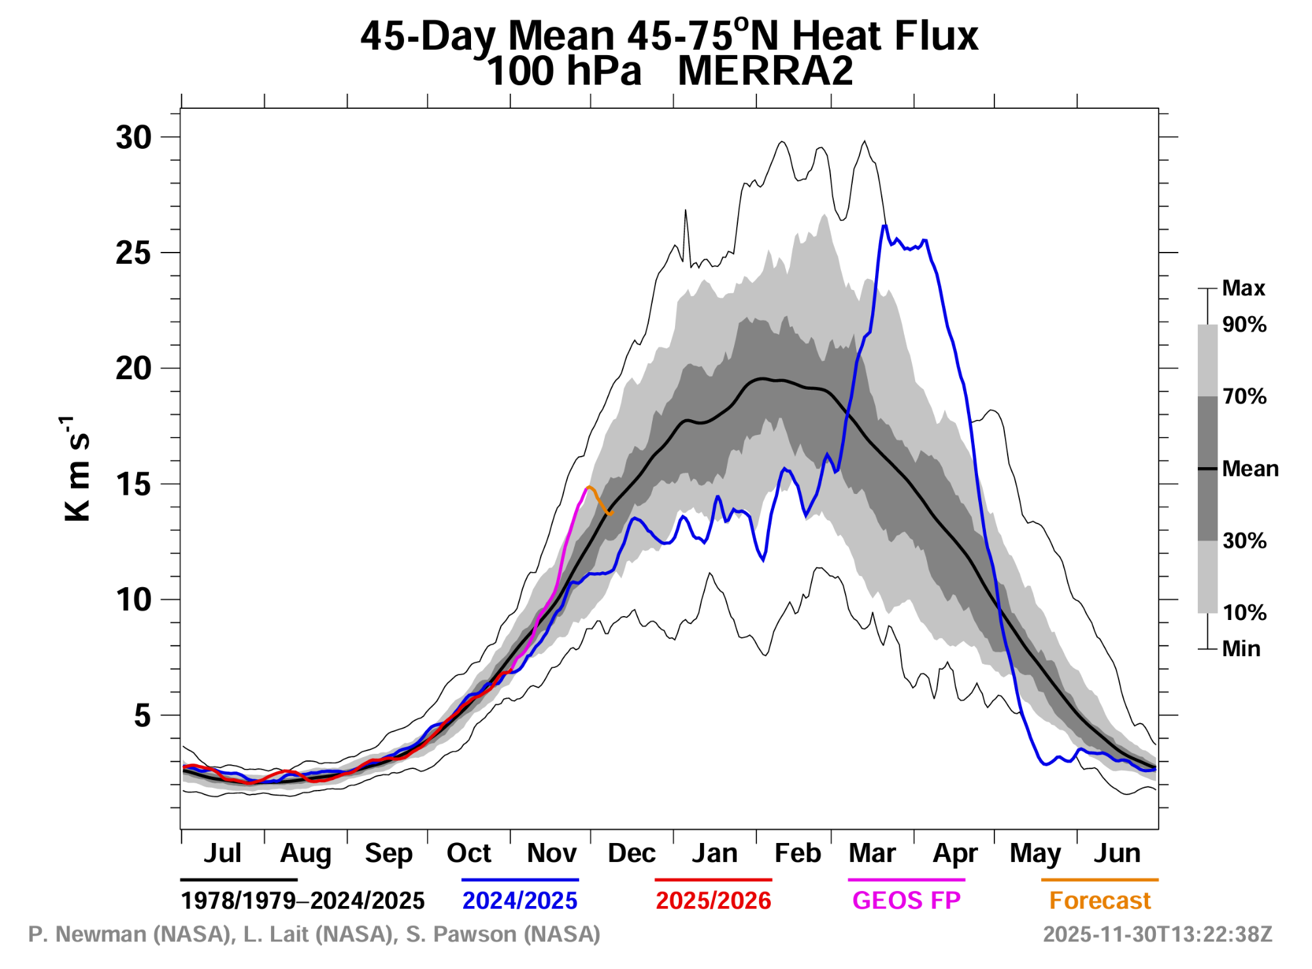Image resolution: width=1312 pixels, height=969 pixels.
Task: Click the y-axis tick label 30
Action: click(133, 138)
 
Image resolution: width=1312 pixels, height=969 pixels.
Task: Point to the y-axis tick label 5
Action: click(142, 716)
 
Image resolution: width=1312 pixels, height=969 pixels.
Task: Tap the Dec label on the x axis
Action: click(631, 854)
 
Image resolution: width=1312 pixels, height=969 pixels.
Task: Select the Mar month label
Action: click(872, 854)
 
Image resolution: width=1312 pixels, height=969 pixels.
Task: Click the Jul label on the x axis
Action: click(222, 854)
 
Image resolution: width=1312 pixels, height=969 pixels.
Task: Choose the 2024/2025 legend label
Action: click(520, 901)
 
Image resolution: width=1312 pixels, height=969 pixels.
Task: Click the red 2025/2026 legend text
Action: click(713, 901)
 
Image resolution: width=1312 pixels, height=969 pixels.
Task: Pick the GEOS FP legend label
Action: click(906, 901)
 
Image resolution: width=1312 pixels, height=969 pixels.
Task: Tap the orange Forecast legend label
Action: click(1099, 901)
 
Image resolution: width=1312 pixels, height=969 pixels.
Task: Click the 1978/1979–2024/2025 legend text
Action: click(302, 901)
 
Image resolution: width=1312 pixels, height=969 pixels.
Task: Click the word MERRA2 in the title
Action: click(765, 71)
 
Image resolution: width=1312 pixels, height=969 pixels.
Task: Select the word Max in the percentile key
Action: click(1243, 288)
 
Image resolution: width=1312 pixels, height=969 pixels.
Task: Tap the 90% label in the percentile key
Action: click(1244, 325)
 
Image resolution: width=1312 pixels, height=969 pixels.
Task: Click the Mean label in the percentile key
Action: click(1250, 469)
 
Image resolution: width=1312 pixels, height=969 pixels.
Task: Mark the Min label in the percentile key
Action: click(1241, 649)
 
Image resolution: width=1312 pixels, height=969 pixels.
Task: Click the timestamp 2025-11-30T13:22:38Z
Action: click(1157, 934)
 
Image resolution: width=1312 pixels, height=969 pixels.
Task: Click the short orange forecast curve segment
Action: click(600, 500)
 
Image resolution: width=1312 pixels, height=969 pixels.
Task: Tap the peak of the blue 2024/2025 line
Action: click(884, 226)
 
